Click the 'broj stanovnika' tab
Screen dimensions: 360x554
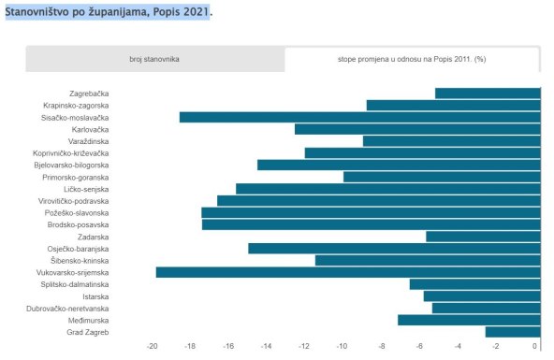click(154, 59)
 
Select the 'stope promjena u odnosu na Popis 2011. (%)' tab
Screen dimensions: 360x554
click(413, 59)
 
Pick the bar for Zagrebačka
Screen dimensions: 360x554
click(488, 93)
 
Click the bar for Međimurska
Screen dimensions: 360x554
click(470, 320)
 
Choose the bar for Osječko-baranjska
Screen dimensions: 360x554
click(394, 249)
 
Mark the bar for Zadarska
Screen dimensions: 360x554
click(483, 237)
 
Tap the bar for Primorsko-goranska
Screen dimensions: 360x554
click(442, 177)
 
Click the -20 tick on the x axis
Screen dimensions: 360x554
click(153, 347)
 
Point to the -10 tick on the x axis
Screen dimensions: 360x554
click(343, 347)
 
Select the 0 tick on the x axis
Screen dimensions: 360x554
click(535, 347)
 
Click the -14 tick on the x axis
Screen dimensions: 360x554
click(267, 347)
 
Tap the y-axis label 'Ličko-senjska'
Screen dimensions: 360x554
click(86, 189)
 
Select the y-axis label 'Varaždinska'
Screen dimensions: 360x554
click(88, 141)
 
